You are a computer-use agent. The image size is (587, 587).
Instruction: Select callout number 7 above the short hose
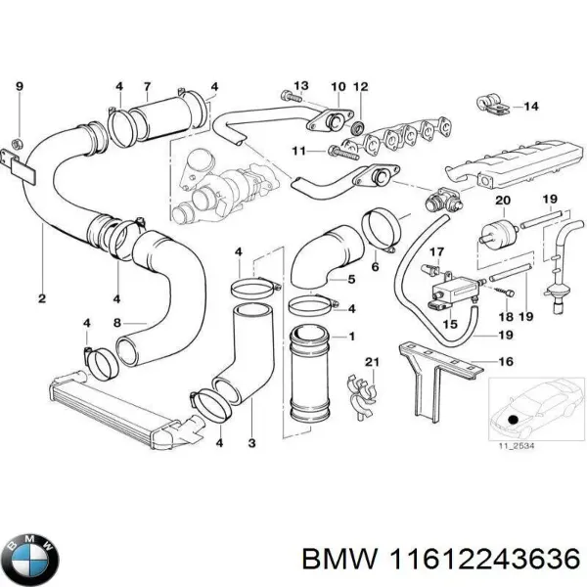147,86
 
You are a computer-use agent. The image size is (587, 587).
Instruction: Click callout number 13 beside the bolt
301,86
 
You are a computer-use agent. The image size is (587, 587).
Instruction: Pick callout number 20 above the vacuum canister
504,202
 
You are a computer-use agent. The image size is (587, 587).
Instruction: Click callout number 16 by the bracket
506,362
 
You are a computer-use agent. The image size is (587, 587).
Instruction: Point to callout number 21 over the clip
371,364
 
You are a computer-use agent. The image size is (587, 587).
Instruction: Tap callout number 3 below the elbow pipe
252,445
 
